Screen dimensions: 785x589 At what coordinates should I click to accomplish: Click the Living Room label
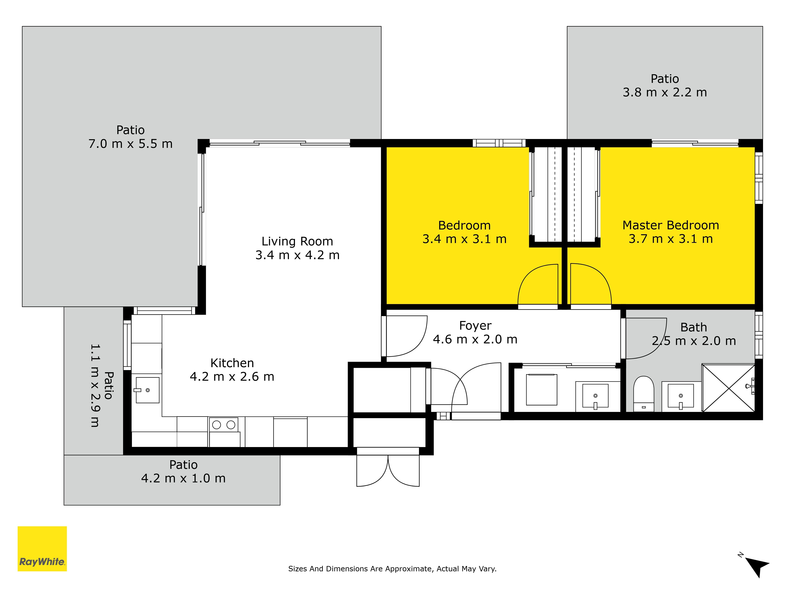coord(297,241)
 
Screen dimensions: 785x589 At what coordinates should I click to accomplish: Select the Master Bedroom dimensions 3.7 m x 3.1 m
coord(671,239)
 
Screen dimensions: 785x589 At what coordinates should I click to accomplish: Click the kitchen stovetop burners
coord(224,425)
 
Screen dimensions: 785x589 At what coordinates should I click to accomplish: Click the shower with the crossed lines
coord(728,388)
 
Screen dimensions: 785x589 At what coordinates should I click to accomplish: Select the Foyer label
coord(475,326)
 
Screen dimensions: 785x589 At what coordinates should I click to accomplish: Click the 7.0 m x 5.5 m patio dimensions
coord(131,144)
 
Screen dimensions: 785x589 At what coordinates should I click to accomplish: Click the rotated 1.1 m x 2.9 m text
coord(95,385)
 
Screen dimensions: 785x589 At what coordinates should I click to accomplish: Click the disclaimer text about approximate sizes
coord(392,569)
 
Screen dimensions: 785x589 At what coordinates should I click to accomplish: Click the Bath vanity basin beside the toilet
coord(681,396)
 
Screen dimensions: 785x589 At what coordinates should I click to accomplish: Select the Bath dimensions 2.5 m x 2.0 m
coord(694,341)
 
